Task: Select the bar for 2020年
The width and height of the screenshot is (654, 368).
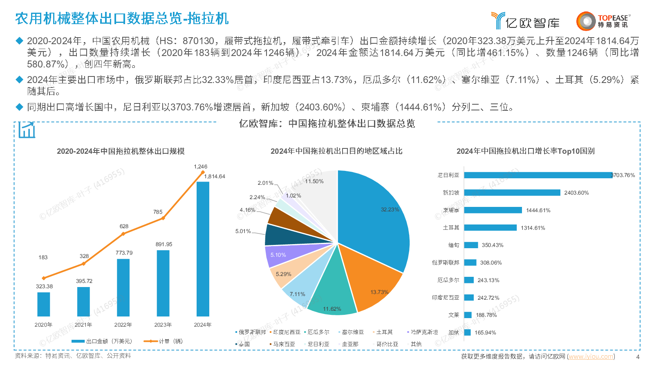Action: point(44,304)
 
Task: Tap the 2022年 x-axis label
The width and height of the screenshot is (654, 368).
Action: point(123,325)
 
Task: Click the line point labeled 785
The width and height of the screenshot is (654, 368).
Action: point(163,218)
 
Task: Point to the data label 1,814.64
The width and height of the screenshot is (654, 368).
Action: point(215,177)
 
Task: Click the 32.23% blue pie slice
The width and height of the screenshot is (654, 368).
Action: point(376,217)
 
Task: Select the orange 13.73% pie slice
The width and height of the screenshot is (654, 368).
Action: point(372,282)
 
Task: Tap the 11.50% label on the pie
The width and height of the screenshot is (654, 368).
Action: point(314,182)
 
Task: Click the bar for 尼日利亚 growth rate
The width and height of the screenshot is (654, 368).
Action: point(538,175)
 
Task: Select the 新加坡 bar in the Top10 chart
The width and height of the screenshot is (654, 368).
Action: point(512,193)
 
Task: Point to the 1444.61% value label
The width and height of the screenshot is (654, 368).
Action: point(538,211)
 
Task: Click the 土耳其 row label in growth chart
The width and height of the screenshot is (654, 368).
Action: point(451,228)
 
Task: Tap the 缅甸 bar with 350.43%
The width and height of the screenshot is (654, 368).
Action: point(471,245)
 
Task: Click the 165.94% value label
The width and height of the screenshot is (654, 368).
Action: point(485,333)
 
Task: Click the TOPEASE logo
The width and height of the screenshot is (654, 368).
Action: point(603,21)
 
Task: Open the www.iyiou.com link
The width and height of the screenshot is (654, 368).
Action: point(591,357)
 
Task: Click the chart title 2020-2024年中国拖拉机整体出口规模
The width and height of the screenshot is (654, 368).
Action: point(121,151)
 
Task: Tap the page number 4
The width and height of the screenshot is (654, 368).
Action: point(638,357)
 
